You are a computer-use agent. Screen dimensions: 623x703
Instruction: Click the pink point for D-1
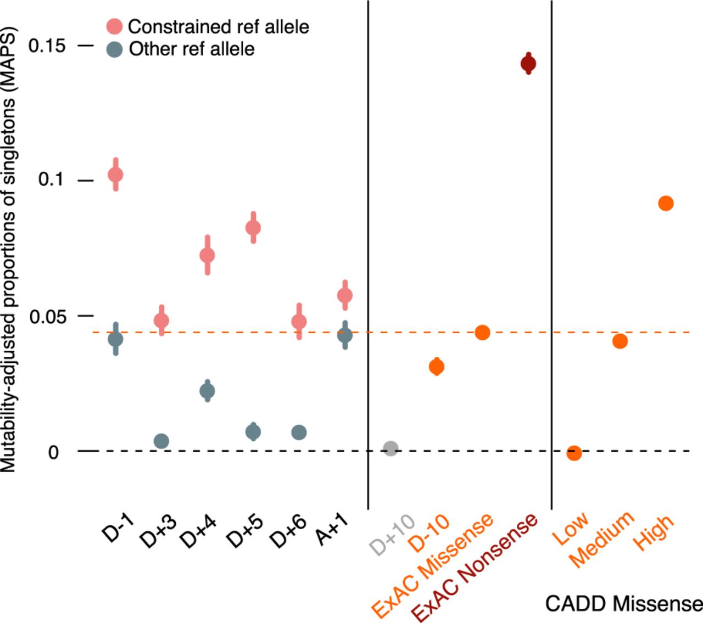click(115, 175)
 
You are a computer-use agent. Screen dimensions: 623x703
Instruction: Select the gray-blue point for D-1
click(115, 339)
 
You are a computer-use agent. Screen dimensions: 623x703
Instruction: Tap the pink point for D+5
click(253, 227)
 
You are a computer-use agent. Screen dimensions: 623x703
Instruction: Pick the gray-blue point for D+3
click(161, 441)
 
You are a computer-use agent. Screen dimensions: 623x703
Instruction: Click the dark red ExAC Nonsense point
click(528, 64)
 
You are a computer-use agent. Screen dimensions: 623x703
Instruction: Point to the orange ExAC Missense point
click(482, 332)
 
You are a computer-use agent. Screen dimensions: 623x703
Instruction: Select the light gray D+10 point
click(390, 448)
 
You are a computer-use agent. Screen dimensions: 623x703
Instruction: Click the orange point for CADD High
click(666, 203)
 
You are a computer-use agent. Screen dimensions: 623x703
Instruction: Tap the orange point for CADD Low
click(574, 453)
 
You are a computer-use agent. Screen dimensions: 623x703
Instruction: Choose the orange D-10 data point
click(437, 366)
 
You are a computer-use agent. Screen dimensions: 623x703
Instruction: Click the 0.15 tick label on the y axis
click(47, 46)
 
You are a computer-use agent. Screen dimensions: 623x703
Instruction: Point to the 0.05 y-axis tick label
click(47, 317)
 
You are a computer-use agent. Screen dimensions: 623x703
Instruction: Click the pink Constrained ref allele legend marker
click(114, 26)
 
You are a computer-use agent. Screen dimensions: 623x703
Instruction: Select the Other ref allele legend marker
click(114, 49)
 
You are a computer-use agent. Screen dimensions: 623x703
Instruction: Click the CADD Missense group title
click(623, 604)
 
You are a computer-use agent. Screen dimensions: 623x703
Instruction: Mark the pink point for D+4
click(207, 255)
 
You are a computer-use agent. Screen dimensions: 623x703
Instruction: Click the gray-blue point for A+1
click(345, 335)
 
